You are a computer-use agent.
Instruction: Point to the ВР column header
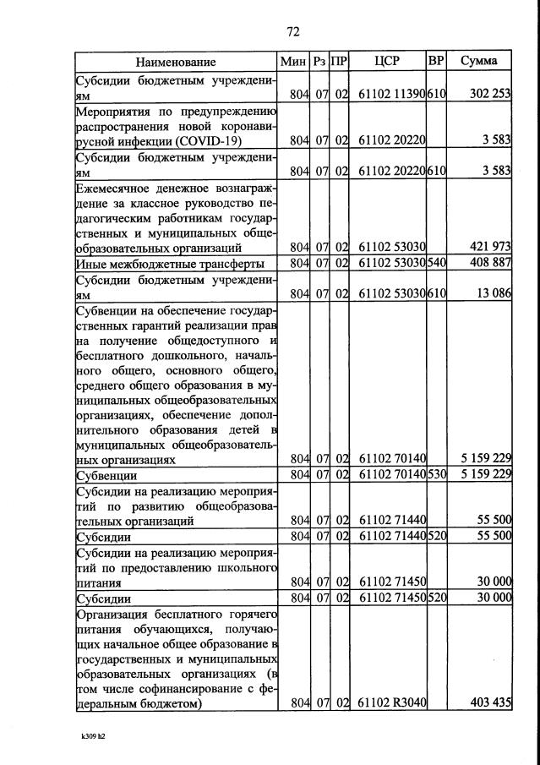[x=436, y=62]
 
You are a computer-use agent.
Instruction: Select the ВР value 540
[x=437, y=263]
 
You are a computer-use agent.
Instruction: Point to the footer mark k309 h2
[x=87, y=735]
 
